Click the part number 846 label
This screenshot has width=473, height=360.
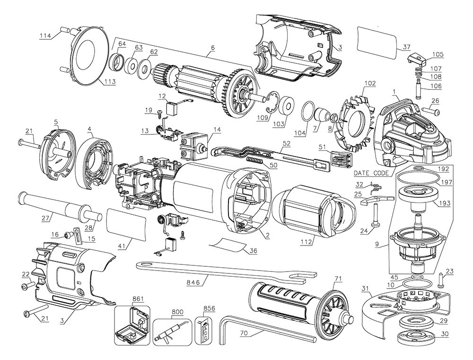tap(193, 282)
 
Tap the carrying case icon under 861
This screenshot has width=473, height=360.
tap(131, 326)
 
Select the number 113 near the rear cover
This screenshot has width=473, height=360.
tap(109, 81)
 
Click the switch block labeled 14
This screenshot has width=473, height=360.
tap(194, 146)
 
